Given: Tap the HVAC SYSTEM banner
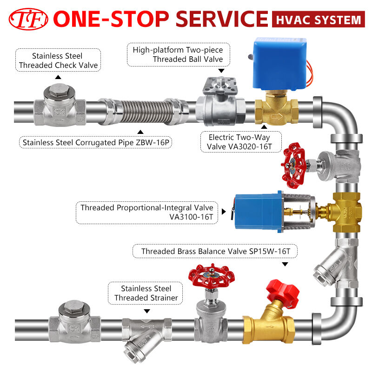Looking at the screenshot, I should pos(318,20).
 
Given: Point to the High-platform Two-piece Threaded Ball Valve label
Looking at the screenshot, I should pos(178,54).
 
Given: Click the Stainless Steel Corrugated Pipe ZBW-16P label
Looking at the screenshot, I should pos(95,142).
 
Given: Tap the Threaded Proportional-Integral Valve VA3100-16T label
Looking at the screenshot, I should pos(147,212).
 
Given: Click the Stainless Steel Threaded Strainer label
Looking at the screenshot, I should pos(146,293).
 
